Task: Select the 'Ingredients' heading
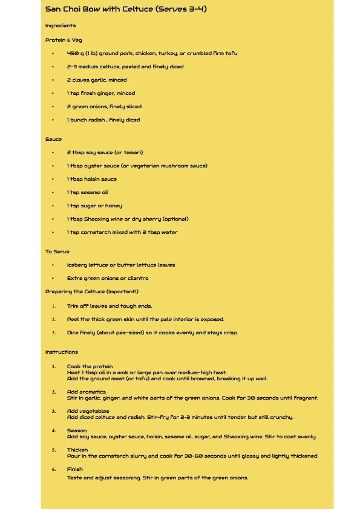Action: (x=61, y=25)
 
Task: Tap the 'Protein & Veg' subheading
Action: (x=64, y=40)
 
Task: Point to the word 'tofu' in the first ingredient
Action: (x=231, y=53)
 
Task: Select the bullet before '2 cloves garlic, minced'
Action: (x=53, y=80)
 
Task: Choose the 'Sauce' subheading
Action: (x=53, y=139)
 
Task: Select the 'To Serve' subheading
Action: (x=57, y=251)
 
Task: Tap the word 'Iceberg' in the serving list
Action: (x=78, y=265)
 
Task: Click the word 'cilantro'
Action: (x=136, y=278)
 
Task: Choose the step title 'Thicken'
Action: (x=77, y=450)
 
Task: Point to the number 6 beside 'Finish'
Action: (x=53, y=469)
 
